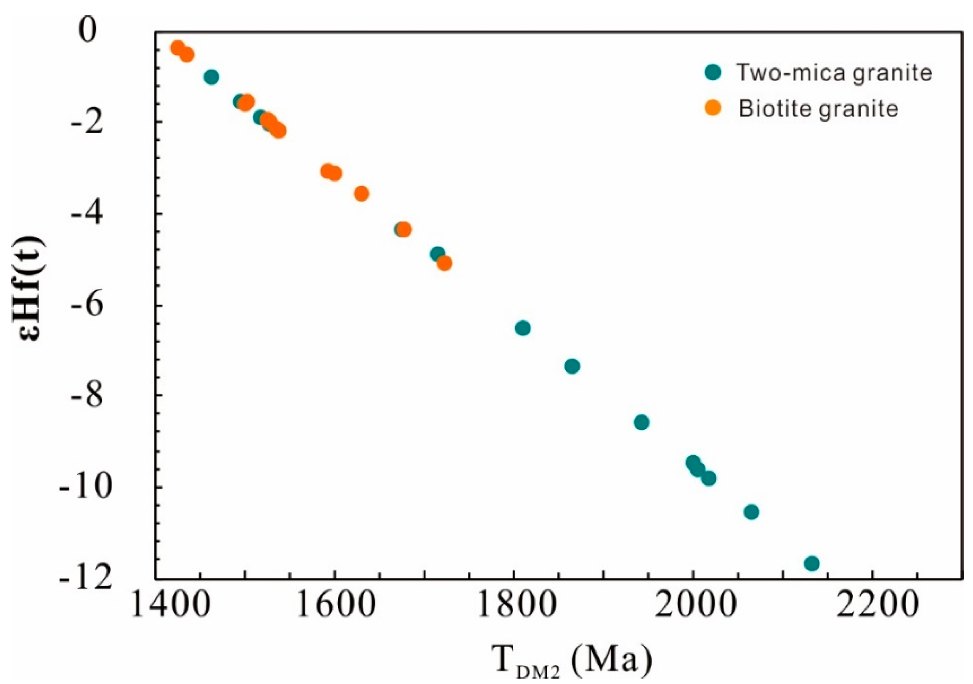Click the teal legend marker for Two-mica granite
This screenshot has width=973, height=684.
pyautogui.click(x=713, y=72)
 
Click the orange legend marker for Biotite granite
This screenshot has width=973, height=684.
pyautogui.click(x=713, y=108)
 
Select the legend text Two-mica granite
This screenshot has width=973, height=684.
pyautogui.click(x=834, y=72)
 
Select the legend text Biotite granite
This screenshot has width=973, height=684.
pyautogui.click(x=818, y=109)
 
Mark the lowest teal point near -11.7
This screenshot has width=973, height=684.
pyautogui.click(x=811, y=563)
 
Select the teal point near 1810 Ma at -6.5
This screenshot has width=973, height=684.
pyautogui.click(x=523, y=328)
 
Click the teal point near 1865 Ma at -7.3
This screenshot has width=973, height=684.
pyautogui.click(x=572, y=366)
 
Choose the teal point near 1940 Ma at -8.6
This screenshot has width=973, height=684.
pyautogui.click(x=641, y=423)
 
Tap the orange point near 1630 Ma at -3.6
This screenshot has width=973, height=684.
pyautogui.click(x=361, y=194)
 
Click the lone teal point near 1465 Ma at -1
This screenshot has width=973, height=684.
pyautogui.click(x=211, y=77)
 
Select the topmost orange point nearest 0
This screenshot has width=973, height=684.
pyautogui.click(x=177, y=47)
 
